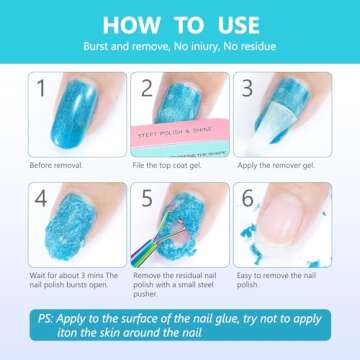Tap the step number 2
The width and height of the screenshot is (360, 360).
(x=148, y=88)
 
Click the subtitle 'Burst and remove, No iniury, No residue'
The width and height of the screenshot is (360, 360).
(x=180, y=47)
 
